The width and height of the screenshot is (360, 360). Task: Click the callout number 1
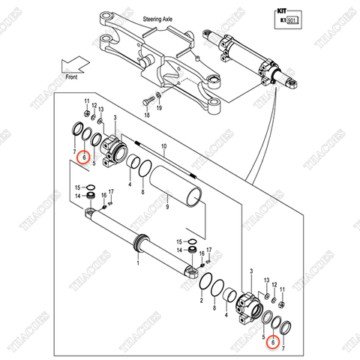tap(138, 262)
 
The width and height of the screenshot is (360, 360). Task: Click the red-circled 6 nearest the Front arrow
tap(85, 158)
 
